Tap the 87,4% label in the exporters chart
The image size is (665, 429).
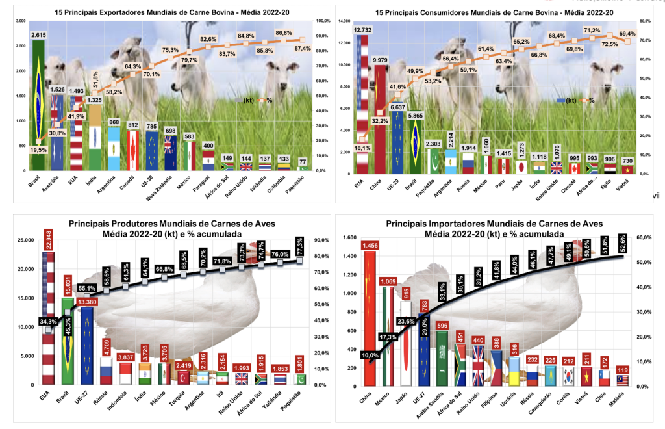(301, 49)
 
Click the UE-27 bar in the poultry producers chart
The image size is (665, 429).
(88, 344)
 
